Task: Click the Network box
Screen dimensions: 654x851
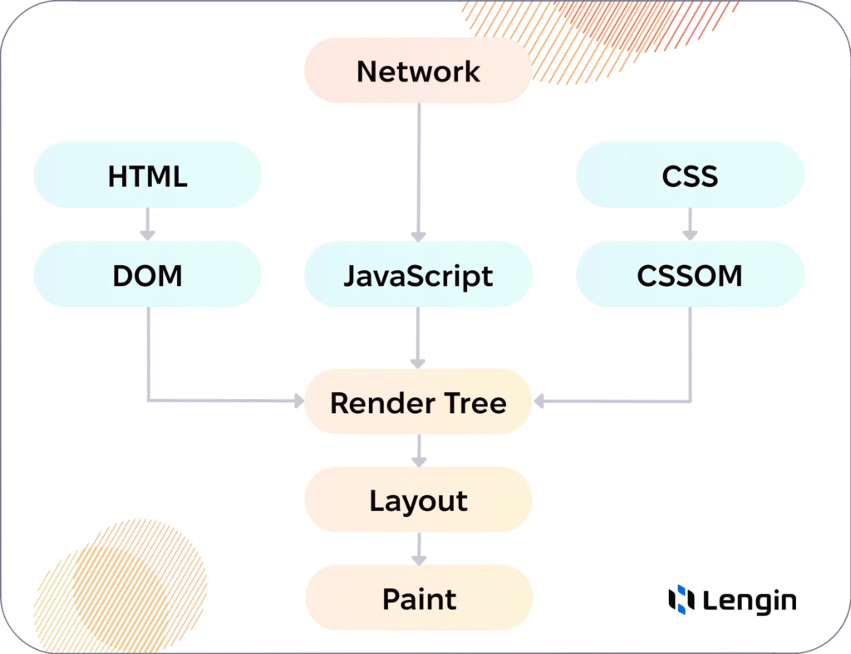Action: [x=418, y=71]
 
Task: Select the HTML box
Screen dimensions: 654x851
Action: [x=147, y=175]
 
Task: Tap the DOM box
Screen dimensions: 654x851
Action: [x=147, y=274]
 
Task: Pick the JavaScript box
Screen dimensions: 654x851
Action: [x=418, y=274]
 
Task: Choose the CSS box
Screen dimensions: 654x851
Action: [x=690, y=175]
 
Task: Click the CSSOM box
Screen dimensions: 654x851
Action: [x=690, y=274]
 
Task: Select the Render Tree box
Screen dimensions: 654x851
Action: [x=418, y=403]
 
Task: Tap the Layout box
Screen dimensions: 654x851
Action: [x=418, y=500]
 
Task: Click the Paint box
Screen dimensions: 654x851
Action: [x=418, y=598]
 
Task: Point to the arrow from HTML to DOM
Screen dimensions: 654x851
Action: [x=147, y=224]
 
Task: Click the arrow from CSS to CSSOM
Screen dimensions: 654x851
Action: [x=690, y=224]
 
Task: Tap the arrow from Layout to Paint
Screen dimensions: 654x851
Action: [x=418, y=548]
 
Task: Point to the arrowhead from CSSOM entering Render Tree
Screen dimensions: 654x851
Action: [x=539, y=401]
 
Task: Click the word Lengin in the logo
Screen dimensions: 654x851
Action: [x=749, y=601]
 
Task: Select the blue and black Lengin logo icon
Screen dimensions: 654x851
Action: [x=681, y=599]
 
